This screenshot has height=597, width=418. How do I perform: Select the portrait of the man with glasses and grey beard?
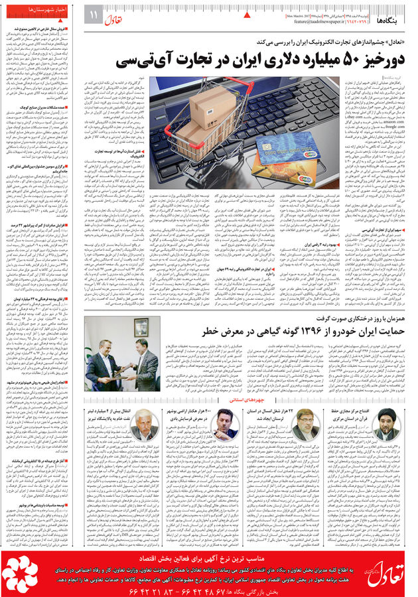pos(307,425)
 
